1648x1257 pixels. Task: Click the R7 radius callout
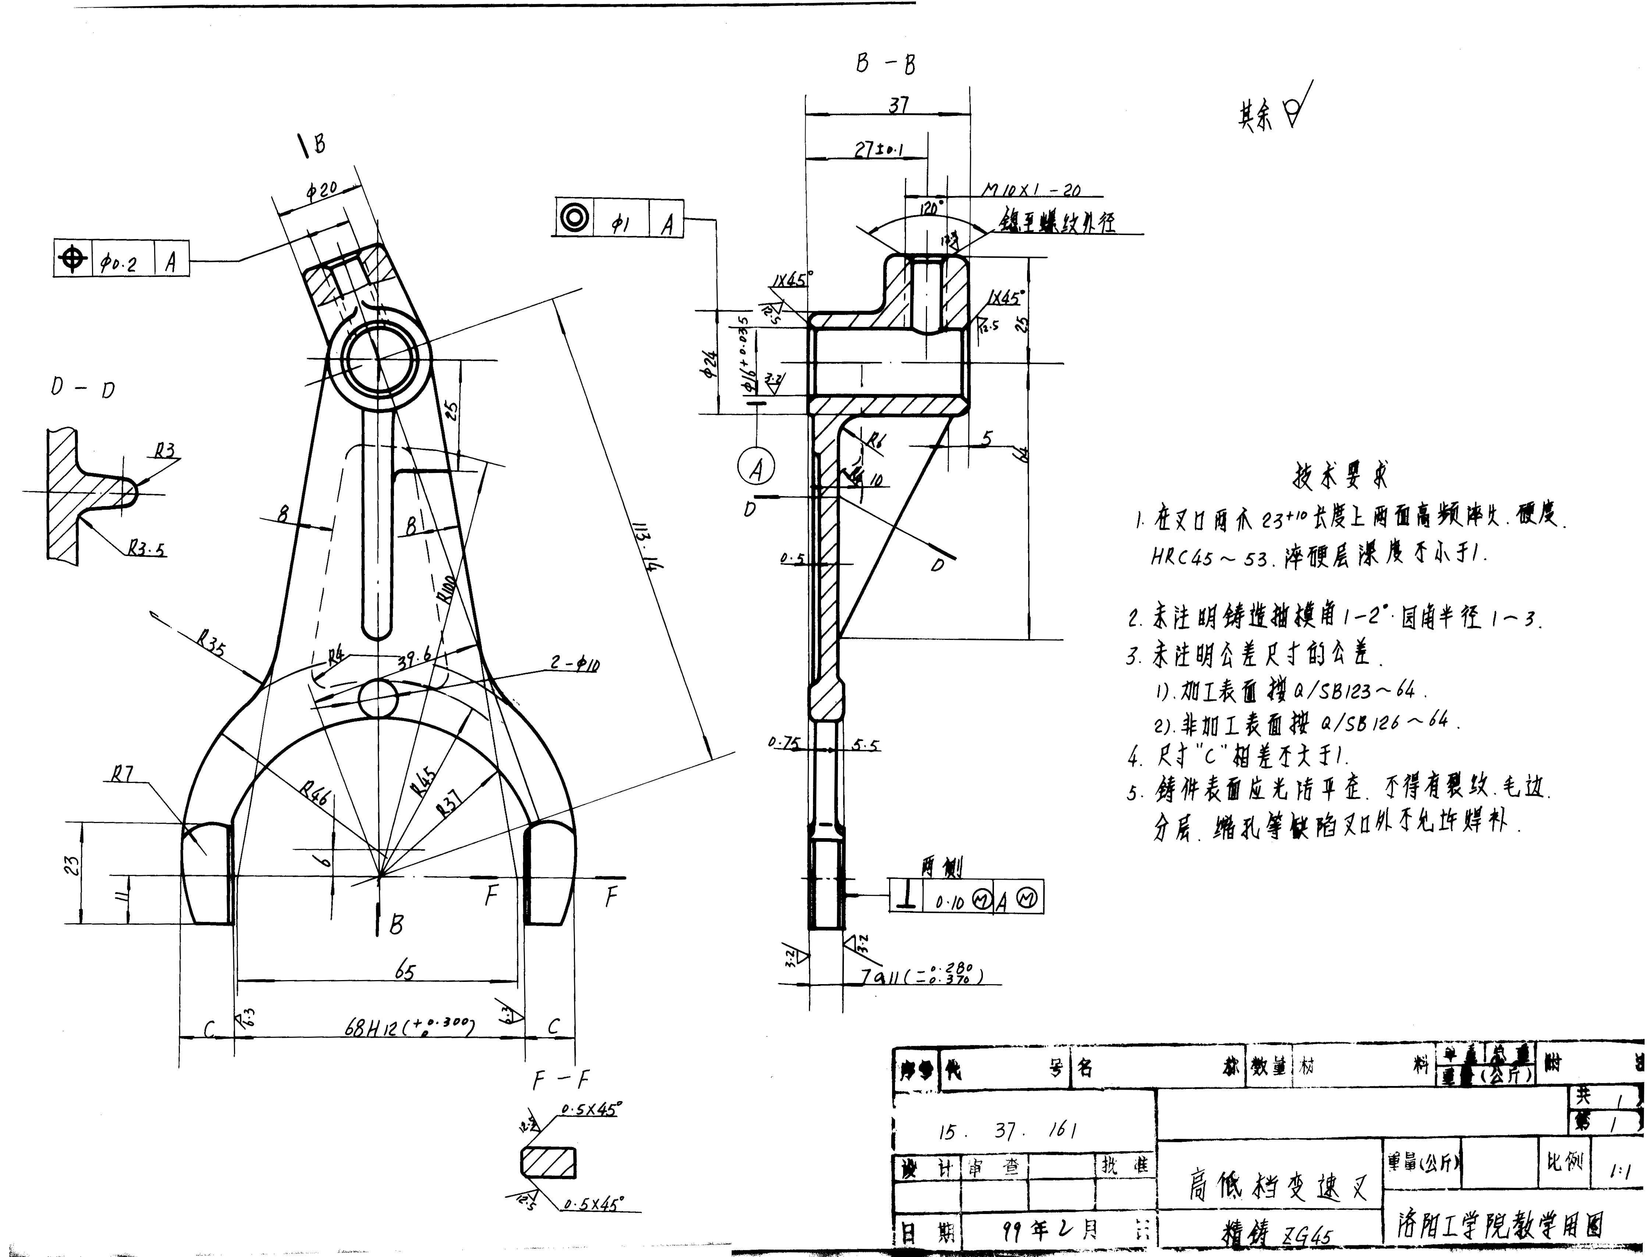click(x=122, y=775)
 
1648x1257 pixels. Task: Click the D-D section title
click(x=82, y=388)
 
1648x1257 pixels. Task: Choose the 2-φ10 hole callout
click(x=575, y=663)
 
